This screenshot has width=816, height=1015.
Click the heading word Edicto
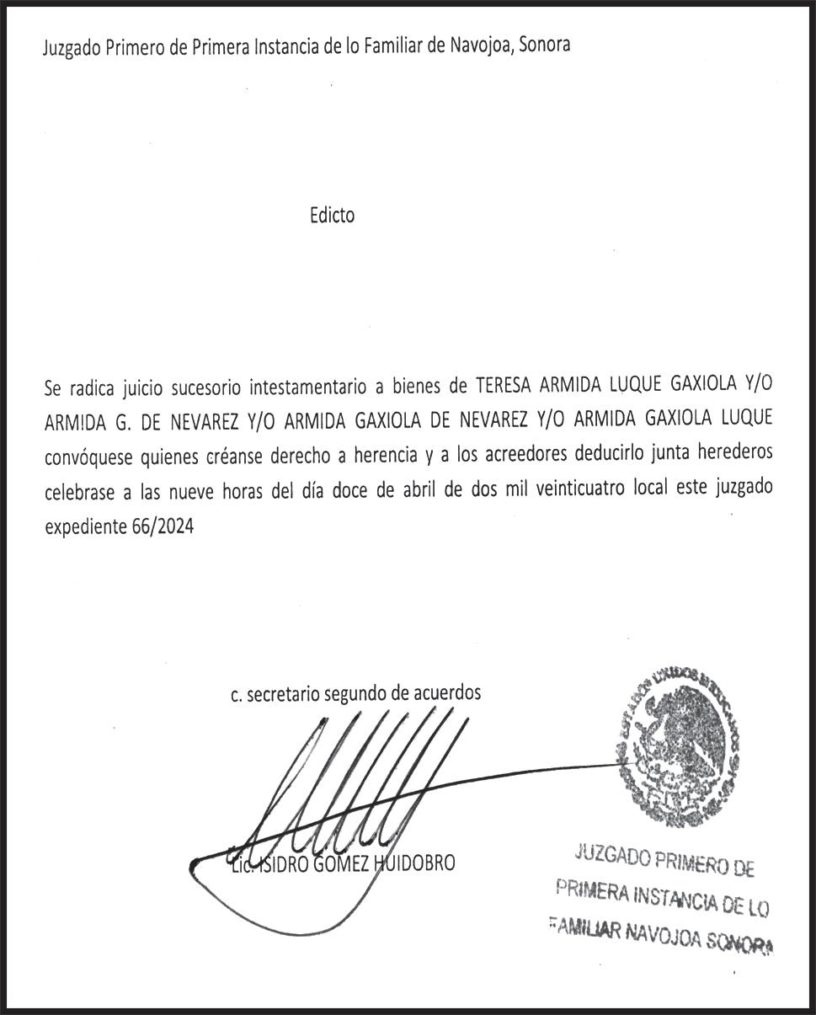(332, 216)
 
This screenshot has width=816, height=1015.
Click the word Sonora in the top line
(544, 45)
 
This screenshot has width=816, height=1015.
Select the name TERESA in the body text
(505, 387)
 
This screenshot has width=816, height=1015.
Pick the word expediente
(83, 530)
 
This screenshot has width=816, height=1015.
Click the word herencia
(382, 457)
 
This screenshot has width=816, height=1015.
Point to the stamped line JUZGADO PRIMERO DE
(664, 863)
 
